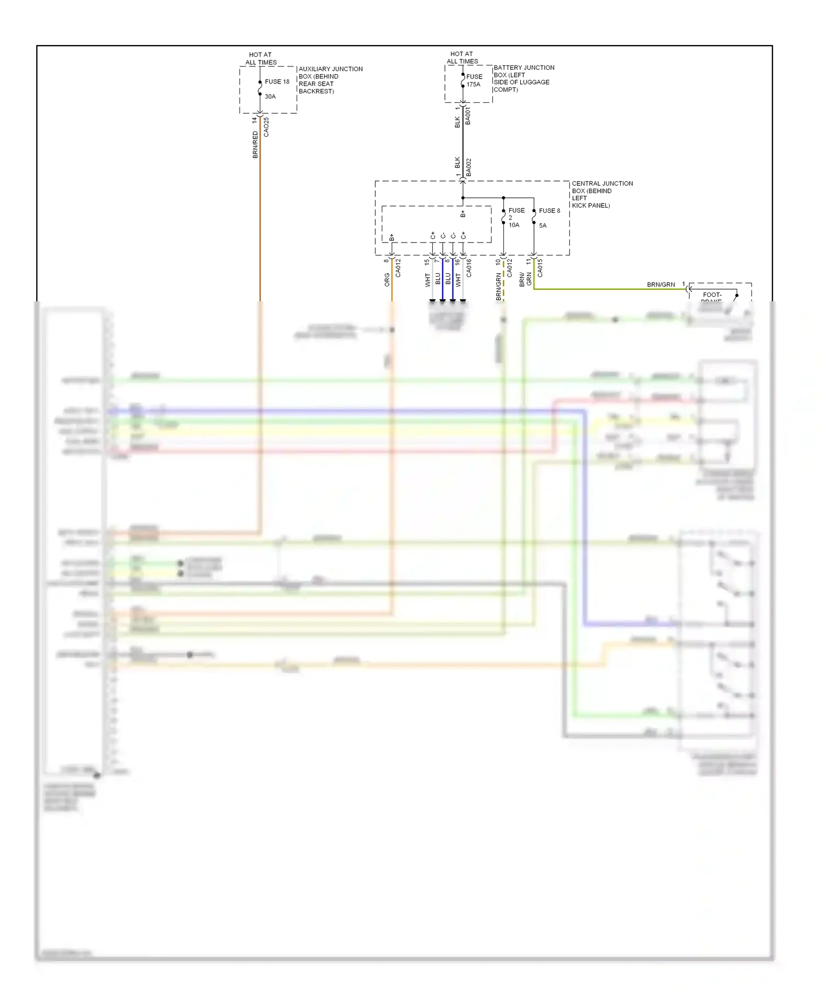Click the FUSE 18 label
coord(277,81)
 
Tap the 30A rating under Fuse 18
coord(270,96)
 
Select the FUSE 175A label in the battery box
coord(474,80)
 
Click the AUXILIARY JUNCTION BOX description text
coord(330,80)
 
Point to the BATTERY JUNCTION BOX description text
coord(524,78)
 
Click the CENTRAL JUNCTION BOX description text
coord(602,194)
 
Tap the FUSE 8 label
coord(549,211)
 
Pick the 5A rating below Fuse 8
coord(543,225)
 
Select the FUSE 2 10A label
coord(516,217)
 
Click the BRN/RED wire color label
coord(255,145)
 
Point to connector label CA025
coord(266,127)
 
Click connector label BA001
coord(468,116)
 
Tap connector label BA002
coord(469,167)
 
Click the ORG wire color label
coord(387,279)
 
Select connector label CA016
coord(469,268)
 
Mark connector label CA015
coord(540,268)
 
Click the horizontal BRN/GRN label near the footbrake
coord(661,284)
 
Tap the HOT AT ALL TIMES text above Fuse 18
coord(260,58)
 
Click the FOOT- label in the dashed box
coord(712,295)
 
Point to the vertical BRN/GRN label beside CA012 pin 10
coord(499,286)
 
